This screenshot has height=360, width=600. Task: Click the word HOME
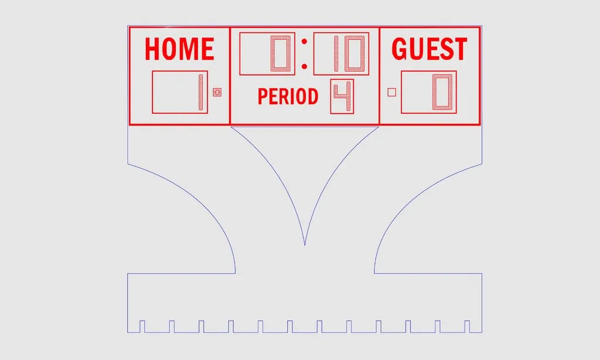[x=179, y=49]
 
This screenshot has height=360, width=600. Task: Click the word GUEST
[x=429, y=49]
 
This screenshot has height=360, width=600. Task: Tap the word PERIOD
[x=288, y=97]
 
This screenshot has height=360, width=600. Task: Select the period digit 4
[x=343, y=97]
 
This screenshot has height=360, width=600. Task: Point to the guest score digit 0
[x=442, y=92]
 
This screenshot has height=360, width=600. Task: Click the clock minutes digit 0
[x=280, y=54]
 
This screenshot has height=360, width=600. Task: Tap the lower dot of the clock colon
[x=304, y=65]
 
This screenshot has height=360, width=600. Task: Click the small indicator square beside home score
[x=217, y=92]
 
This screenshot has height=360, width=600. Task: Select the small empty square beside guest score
[x=392, y=92]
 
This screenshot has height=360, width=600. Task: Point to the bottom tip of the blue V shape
[x=305, y=244]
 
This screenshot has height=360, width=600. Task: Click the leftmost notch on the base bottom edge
[x=142, y=326]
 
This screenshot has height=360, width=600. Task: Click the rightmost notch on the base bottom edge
[x=468, y=326]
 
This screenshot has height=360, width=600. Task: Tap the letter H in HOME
[x=152, y=49]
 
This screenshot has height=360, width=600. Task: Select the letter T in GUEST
[x=461, y=49]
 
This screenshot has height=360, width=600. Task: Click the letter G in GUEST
[x=400, y=49]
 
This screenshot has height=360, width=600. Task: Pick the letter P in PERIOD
[x=262, y=97]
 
